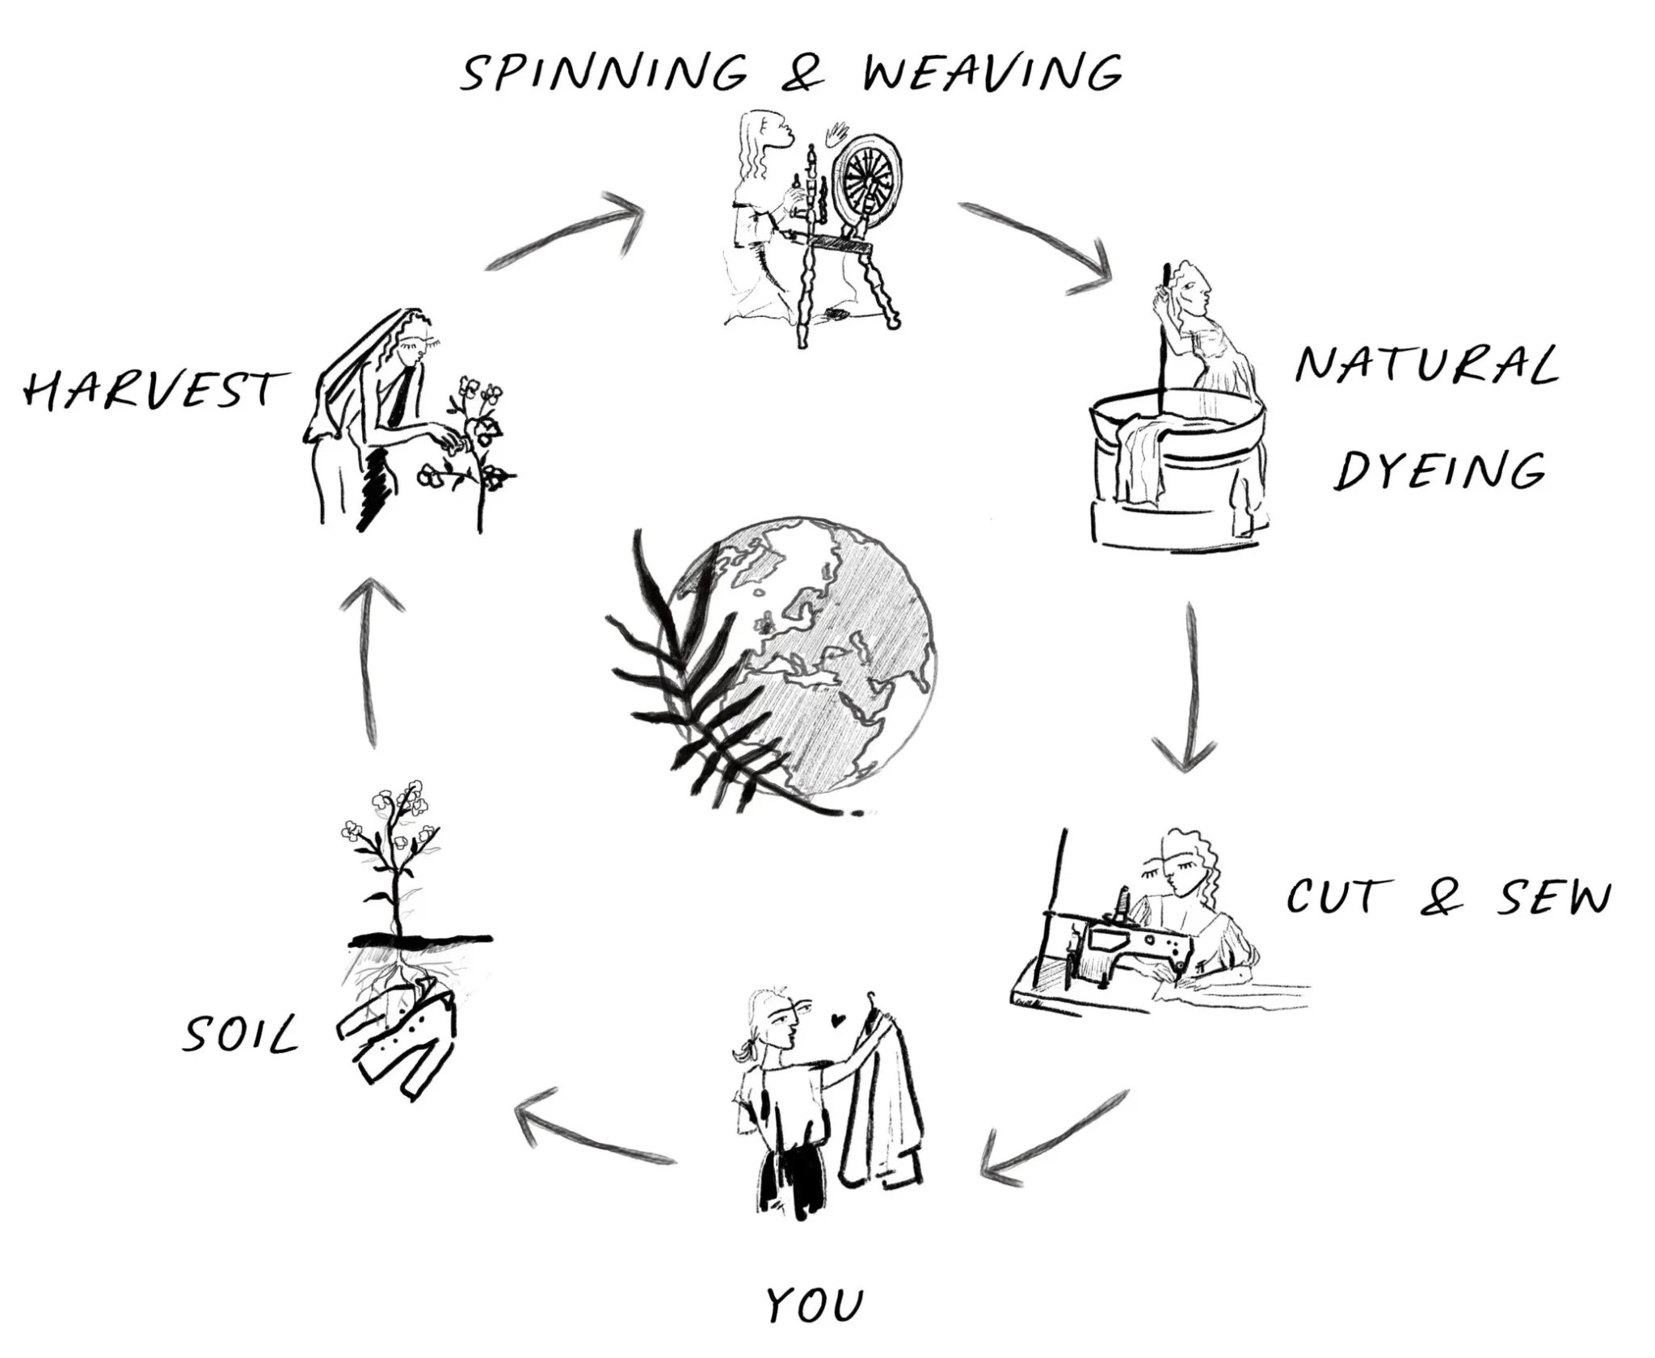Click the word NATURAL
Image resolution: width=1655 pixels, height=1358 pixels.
pyautogui.click(x=1426, y=365)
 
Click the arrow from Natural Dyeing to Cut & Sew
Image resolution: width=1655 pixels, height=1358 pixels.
pyautogui.click(x=1190, y=687)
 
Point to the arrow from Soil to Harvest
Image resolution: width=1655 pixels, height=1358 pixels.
pyautogui.click(x=370, y=663)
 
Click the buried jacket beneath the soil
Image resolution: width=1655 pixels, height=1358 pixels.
pyautogui.click(x=396, y=1035)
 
